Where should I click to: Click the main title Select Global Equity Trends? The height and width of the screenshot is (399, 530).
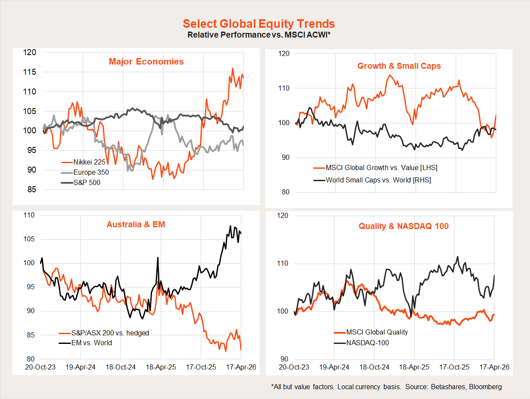click(259, 24)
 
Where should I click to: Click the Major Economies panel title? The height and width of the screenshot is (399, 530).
click(146, 62)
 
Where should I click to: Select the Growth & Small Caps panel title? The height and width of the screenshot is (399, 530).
click(399, 66)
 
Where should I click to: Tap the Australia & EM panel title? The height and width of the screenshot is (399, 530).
click(136, 224)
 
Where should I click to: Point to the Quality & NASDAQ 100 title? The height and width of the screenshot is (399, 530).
click(403, 226)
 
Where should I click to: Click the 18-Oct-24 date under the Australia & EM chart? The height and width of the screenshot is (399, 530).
click(120, 367)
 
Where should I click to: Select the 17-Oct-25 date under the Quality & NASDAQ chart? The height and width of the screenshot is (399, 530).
click(454, 367)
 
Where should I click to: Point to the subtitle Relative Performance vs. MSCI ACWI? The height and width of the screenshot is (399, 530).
click(259, 35)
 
